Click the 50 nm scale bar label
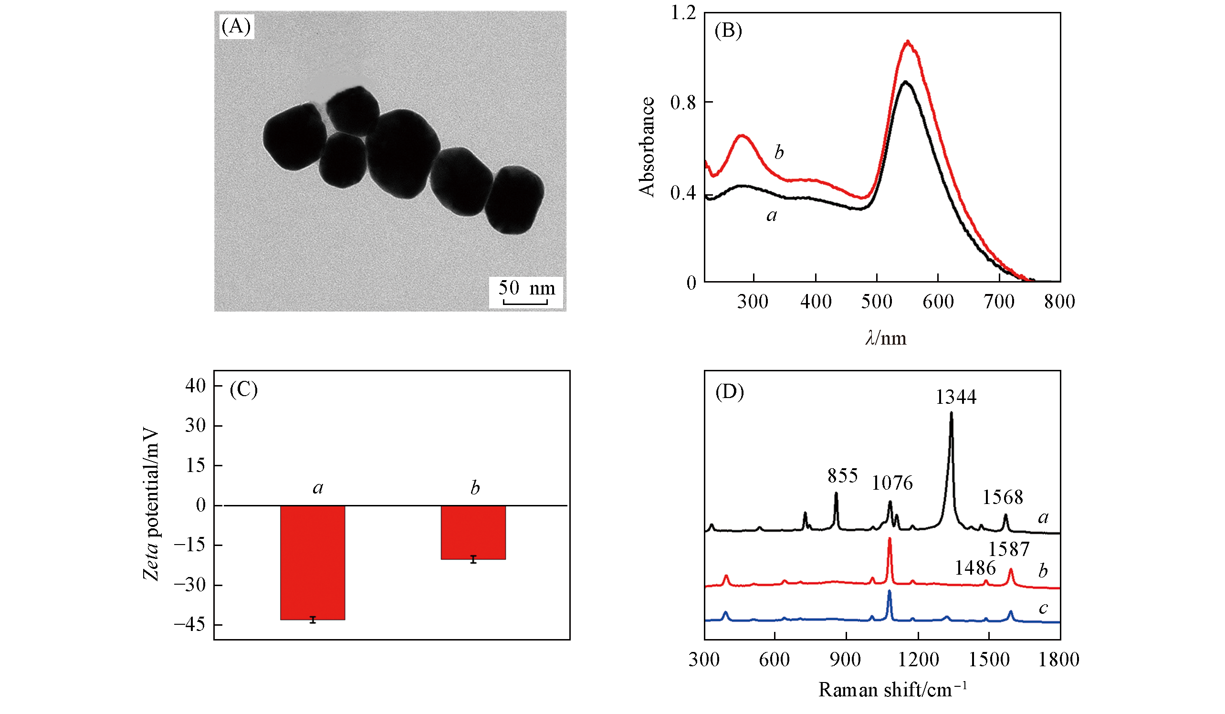526,288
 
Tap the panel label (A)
236,26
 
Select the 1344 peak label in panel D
956,398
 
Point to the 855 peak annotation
842,476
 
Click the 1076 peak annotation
892,483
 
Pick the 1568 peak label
1003,497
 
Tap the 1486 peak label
975,567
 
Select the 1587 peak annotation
1009,549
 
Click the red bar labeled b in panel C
473,532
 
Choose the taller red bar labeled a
313,562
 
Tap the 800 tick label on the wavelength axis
1060,302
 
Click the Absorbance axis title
647,147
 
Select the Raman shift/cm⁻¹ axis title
892,690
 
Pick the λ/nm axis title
886,338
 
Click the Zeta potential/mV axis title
151,504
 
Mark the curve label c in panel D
1043,608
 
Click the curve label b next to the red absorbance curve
779,153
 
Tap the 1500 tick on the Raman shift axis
989,660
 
